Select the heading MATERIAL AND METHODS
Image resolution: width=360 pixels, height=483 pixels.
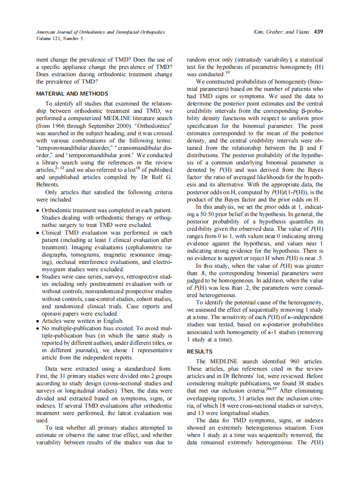pos(72,93)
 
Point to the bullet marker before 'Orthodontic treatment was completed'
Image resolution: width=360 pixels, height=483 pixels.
pos(38,211)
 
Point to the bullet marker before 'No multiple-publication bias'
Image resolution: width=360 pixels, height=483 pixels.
pos(38,328)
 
